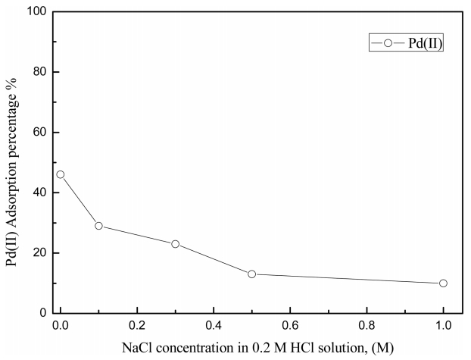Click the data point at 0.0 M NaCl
(60, 174)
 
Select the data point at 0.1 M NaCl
(98, 226)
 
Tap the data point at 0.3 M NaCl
(175, 244)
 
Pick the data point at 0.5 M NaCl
(251, 274)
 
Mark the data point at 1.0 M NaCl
(443, 283)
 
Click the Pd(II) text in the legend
(424, 45)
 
